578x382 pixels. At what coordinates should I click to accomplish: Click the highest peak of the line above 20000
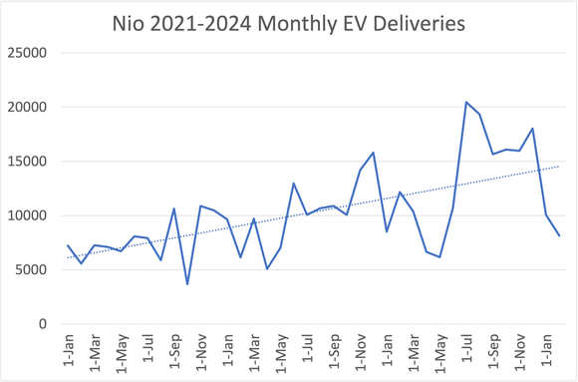(465, 102)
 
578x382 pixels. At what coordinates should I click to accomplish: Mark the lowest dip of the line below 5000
(187, 284)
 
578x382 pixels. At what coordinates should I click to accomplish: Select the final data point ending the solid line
(559, 235)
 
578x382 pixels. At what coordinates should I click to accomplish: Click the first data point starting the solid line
(68, 245)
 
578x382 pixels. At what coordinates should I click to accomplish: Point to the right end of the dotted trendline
(559, 166)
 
